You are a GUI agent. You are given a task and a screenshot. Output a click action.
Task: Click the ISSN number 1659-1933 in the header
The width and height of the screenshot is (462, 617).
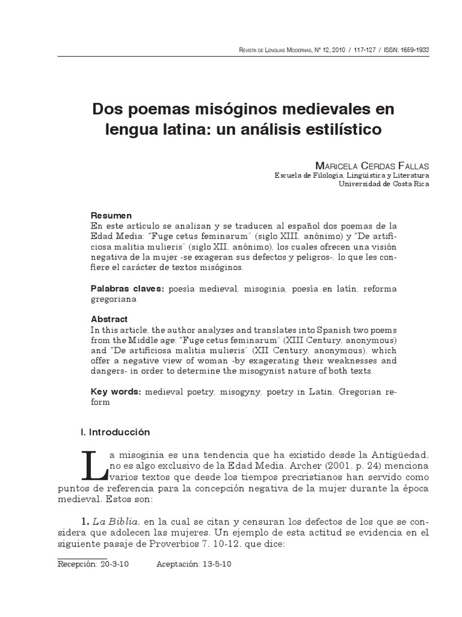414,51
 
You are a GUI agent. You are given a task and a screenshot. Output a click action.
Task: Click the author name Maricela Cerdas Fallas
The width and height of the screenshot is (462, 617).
372,166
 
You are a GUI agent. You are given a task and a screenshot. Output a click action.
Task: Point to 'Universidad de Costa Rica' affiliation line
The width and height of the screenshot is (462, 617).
384,184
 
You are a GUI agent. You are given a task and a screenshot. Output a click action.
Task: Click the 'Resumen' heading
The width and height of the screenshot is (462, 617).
111,215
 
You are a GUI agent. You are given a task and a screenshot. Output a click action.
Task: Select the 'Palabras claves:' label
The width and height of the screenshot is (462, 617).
127,289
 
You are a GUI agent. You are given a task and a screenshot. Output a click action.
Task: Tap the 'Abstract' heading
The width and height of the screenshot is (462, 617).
109,319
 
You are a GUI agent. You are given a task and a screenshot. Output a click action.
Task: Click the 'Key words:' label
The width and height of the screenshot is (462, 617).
116,392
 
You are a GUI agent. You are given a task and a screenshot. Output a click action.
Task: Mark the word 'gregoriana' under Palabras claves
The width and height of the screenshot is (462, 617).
114,299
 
